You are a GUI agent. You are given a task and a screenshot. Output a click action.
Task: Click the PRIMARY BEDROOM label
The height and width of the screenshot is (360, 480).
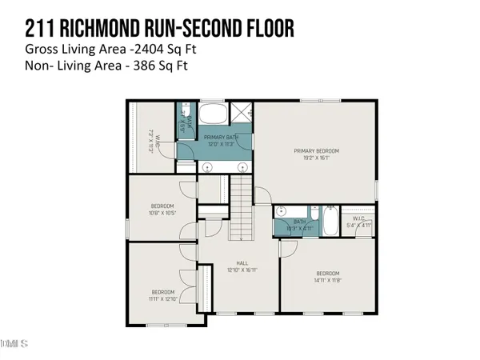(316, 150)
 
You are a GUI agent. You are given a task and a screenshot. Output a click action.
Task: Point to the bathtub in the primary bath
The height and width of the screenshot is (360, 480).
(214, 113)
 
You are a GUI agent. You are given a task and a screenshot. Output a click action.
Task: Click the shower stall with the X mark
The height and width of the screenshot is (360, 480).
(241, 113)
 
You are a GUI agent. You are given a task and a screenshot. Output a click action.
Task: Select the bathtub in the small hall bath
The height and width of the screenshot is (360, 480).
(330, 222)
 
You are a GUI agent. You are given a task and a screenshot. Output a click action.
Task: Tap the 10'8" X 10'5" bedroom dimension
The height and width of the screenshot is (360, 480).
(162, 214)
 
